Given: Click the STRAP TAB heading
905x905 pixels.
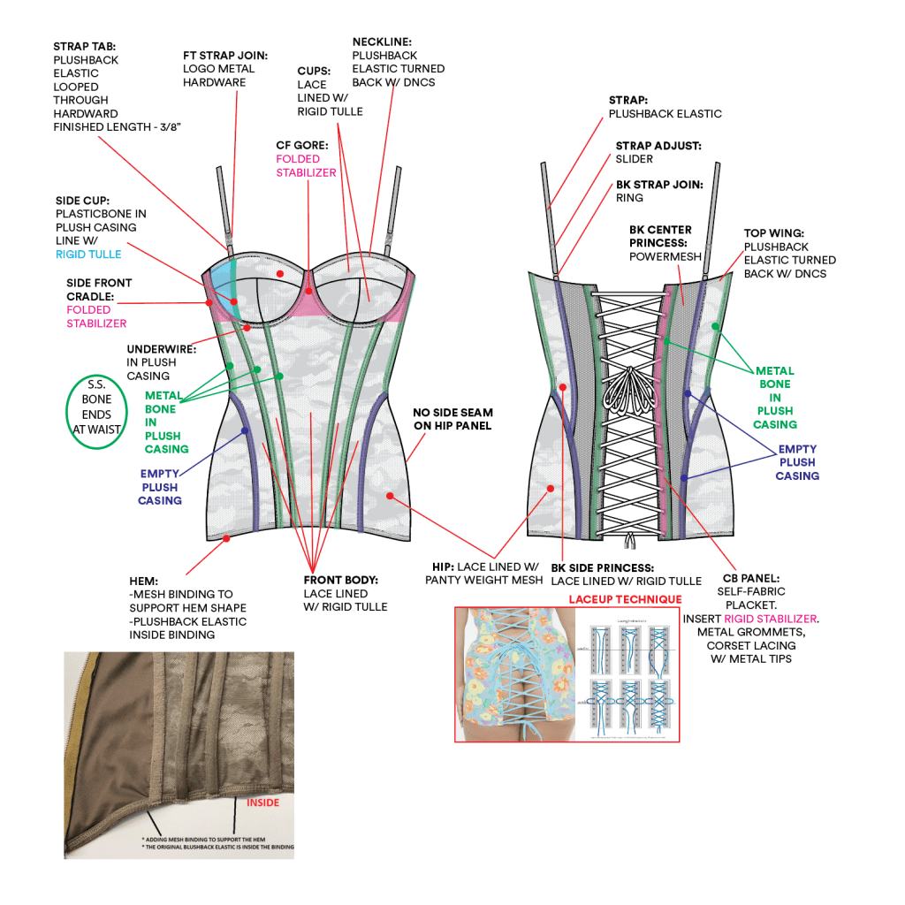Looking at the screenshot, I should tap(83, 47).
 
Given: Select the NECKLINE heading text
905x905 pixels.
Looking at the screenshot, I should tap(382, 42).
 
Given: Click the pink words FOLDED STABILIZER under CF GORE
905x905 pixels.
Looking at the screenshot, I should tap(306, 166).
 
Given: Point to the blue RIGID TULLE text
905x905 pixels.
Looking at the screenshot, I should tap(87, 255).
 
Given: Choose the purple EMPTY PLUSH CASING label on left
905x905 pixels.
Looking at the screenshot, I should tap(160, 487).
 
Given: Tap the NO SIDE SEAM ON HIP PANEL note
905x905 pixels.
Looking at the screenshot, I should tap(452, 420).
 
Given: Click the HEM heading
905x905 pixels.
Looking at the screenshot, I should tap(144, 581).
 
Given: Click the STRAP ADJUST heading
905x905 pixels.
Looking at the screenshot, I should tap(659, 145).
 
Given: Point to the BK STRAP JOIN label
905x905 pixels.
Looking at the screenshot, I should tap(659, 185).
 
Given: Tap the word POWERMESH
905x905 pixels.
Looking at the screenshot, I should tap(665, 256).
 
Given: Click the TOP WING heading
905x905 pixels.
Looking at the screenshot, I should tap(774, 233).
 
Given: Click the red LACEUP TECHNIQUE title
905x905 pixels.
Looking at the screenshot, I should tap(625, 600).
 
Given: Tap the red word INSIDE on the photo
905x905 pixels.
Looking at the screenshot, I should tap(262, 803).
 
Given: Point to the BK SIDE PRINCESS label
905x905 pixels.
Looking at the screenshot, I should tap(602, 567).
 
